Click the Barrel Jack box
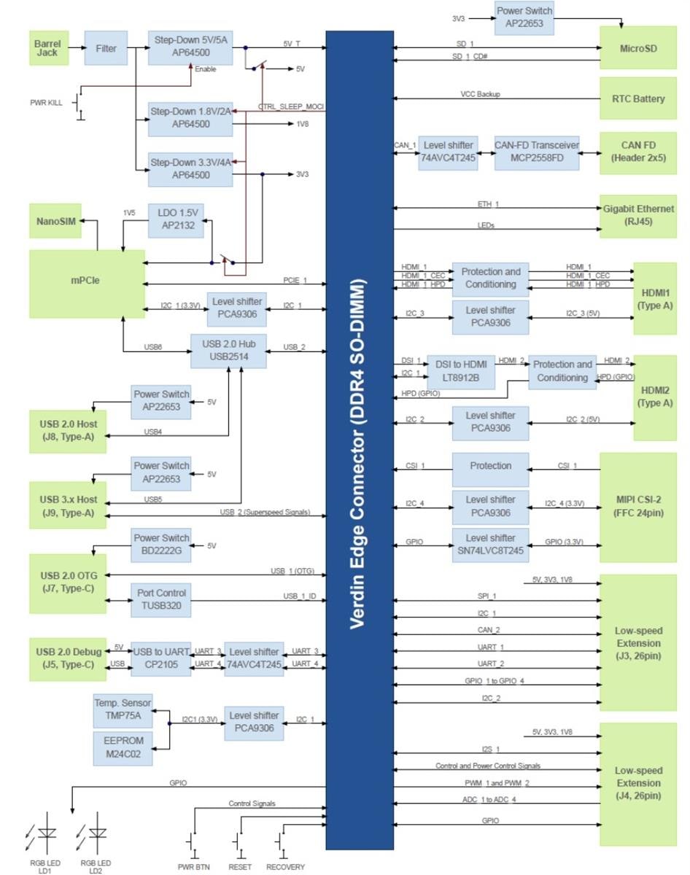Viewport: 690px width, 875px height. click(x=47, y=48)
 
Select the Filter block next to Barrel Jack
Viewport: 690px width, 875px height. click(x=106, y=48)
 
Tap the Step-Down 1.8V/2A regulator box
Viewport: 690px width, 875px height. click(x=190, y=118)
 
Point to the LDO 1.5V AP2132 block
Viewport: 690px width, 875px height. click(x=176, y=220)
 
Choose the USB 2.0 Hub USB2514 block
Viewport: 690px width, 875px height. click(x=228, y=351)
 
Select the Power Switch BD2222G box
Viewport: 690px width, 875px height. click(x=161, y=545)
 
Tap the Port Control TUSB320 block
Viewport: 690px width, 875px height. click(x=161, y=599)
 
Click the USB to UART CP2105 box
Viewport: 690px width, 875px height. click(x=160, y=658)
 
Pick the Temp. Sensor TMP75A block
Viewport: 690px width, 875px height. click(x=123, y=709)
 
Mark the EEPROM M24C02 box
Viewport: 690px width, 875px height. click(x=123, y=747)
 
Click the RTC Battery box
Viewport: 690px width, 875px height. click(x=637, y=98)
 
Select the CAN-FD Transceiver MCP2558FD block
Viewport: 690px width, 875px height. click(x=536, y=152)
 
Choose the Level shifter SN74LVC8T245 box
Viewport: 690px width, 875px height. click(x=490, y=544)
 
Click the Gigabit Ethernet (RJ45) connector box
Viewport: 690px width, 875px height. click(x=637, y=216)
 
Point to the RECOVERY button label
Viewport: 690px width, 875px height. click(x=285, y=867)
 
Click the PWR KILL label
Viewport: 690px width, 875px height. click(x=46, y=104)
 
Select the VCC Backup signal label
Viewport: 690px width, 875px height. click(x=480, y=94)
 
